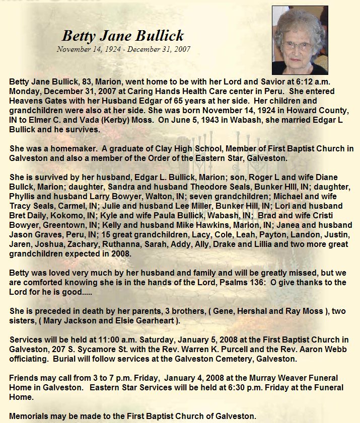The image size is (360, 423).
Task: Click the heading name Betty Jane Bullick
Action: tap(122, 36)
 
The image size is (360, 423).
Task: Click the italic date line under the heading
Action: tap(123, 49)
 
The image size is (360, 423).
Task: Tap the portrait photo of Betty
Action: tap(300, 40)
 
